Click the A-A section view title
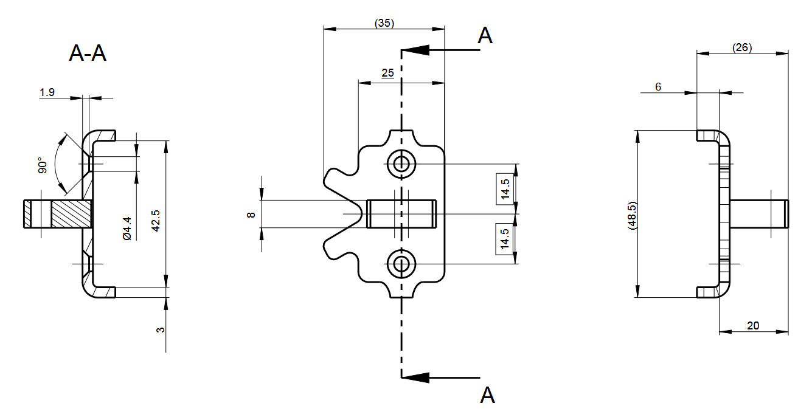(x=88, y=53)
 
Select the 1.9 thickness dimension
(x=47, y=92)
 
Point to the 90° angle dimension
(x=41, y=165)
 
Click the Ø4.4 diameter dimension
(x=127, y=228)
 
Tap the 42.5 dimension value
(x=156, y=221)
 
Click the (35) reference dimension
(x=384, y=23)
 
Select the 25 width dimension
(x=387, y=73)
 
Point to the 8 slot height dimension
(x=251, y=215)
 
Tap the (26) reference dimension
(x=742, y=47)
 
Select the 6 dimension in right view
(x=658, y=88)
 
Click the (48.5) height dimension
(x=633, y=215)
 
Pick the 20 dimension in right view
(x=753, y=326)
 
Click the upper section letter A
(x=485, y=36)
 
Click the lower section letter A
(x=487, y=395)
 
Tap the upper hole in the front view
(x=401, y=163)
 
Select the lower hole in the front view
(x=401, y=264)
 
